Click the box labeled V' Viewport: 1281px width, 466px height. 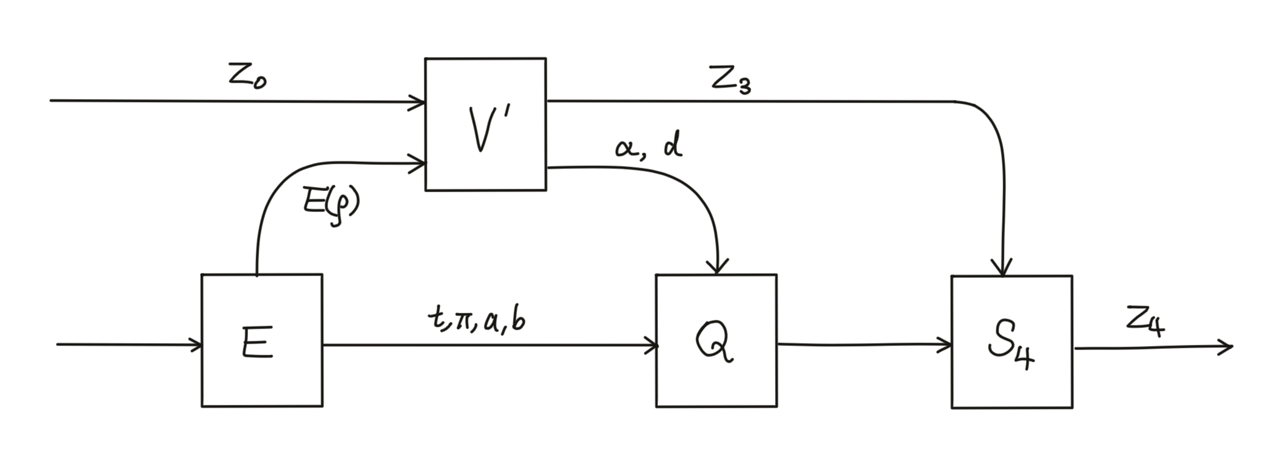coord(485,124)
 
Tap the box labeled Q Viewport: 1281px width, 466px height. coord(716,341)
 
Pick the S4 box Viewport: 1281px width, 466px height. coord(1011,342)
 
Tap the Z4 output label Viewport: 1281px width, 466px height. coord(1145,322)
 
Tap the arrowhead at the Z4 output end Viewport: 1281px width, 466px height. coord(1227,347)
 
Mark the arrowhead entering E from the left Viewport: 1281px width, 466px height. coord(196,345)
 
